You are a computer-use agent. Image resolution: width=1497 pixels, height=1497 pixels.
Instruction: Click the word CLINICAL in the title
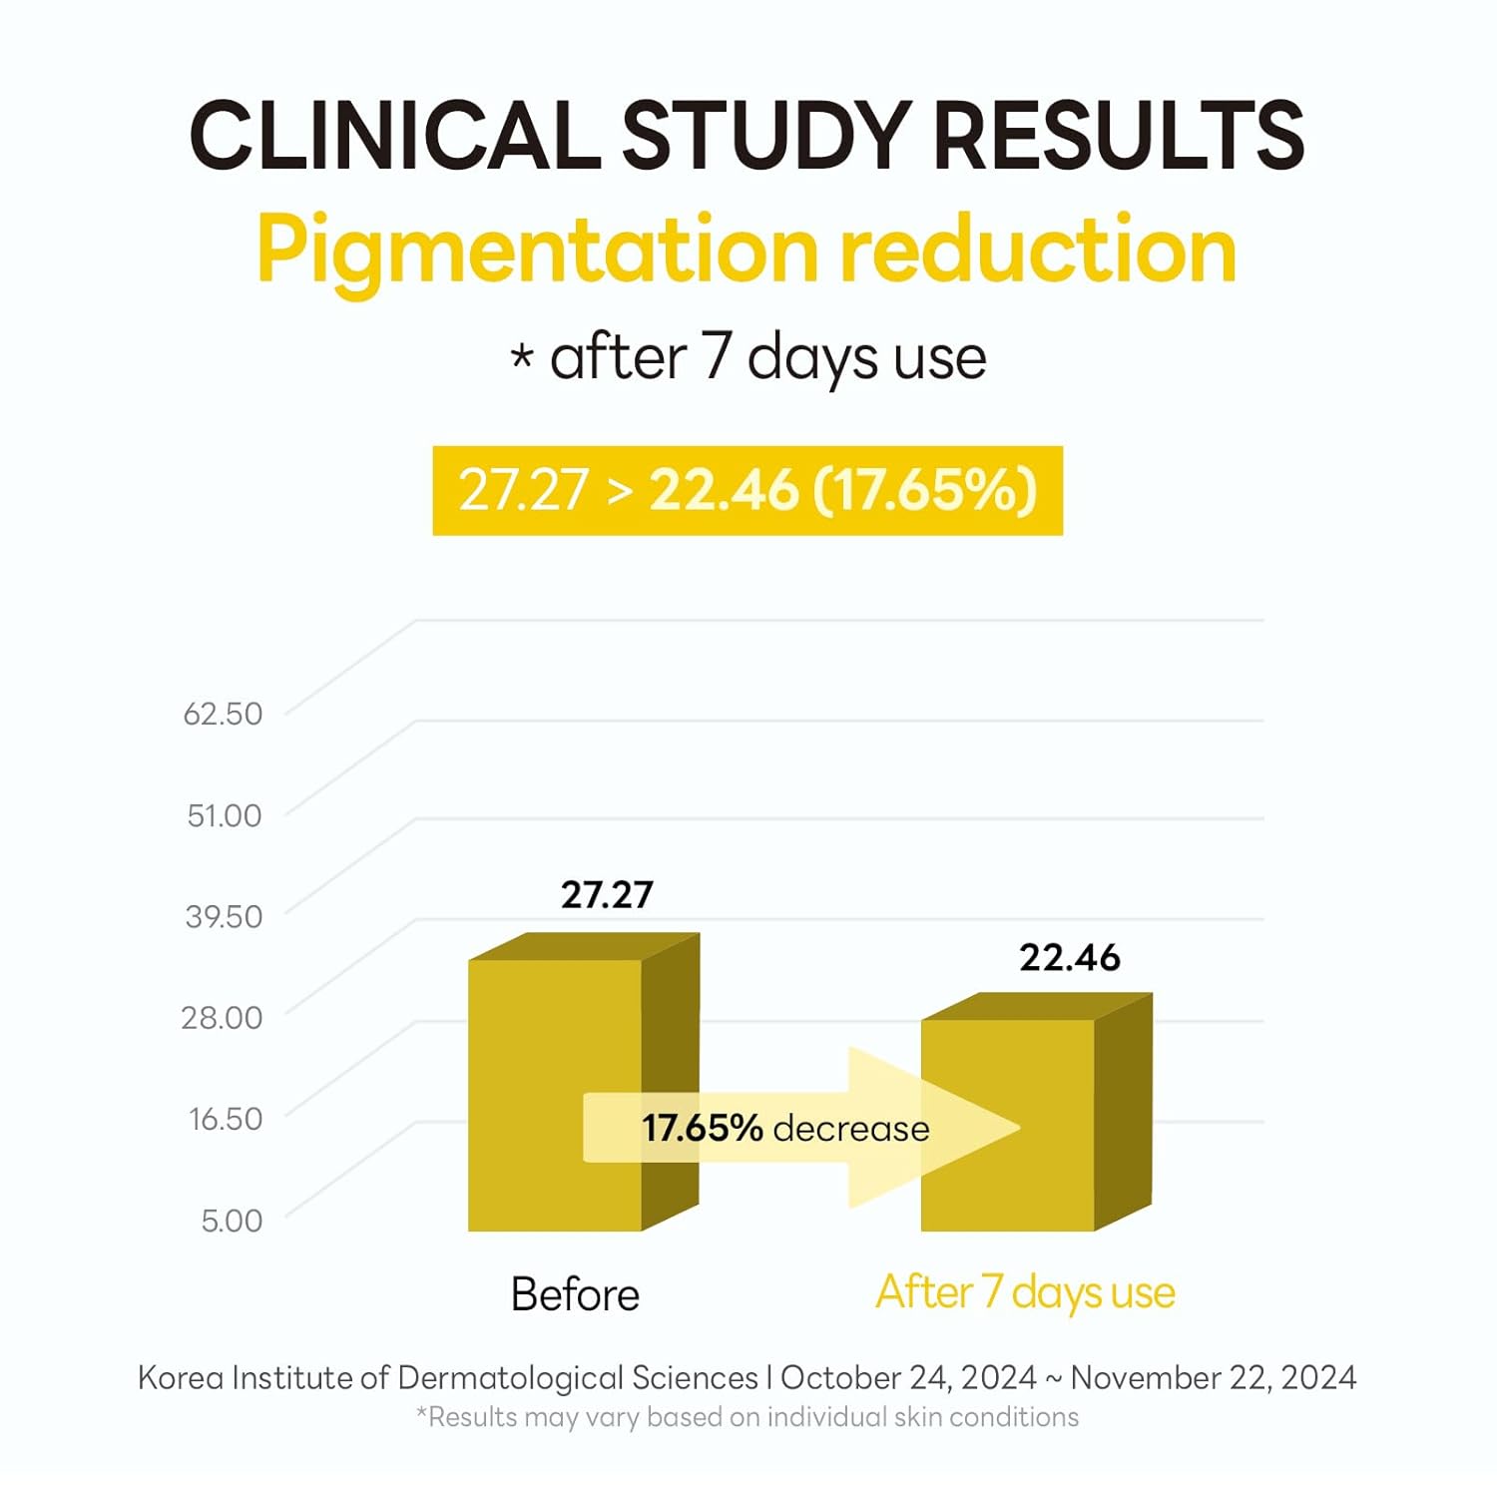pyautogui.click(x=395, y=135)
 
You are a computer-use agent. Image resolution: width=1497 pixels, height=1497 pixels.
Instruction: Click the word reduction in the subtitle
pyautogui.click(x=1038, y=250)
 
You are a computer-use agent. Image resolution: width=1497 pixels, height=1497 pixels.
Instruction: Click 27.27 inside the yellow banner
pyautogui.click(x=523, y=491)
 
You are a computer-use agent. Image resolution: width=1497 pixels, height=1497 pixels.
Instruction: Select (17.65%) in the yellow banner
pyautogui.click(x=925, y=491)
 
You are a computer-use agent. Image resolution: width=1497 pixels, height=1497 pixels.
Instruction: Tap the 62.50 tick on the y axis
pyautogui.click(x=223, y=714)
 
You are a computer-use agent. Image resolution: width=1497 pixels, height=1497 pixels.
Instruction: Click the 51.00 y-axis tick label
pyautogui.click(x=225, y=815)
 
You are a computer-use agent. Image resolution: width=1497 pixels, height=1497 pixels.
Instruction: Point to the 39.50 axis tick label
pyautogui.click(x=224, y=916)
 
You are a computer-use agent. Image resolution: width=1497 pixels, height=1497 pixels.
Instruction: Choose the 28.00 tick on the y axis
pyautogui.click(x=222, y=1017)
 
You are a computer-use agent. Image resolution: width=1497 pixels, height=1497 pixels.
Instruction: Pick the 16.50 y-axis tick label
pyautogui.click(x=226, y=1119)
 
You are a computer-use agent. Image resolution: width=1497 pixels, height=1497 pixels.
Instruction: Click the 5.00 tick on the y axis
pyautogui.click(x=232, y=1220)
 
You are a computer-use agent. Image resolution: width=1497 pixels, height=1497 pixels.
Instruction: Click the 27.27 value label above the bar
pyautogui.click(x=607, y=895)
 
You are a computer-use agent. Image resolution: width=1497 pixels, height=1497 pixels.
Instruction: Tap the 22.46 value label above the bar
pyautogui.click(x=1070, y=958)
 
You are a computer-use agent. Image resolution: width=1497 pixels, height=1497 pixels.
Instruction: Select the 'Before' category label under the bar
pyautogui.click(x=575, y=1294)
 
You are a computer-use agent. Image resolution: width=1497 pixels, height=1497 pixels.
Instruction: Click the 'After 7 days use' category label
pyautogui.click(x=1025, y=1292)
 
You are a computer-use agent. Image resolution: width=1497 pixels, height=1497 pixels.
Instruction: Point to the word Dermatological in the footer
pyautogui.click(x=512, y=1378)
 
